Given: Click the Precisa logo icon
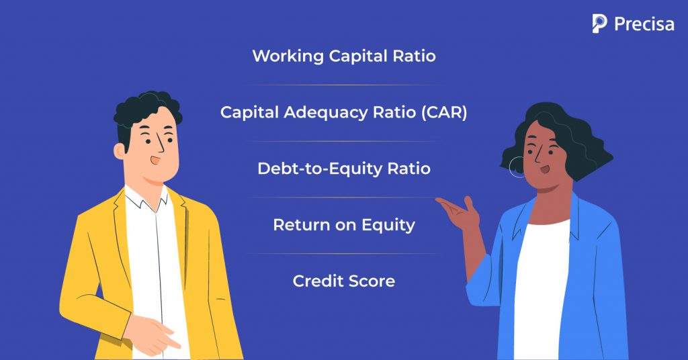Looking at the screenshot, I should [599, 24].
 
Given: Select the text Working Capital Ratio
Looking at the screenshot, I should [343, 56].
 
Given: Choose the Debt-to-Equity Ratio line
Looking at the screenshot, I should [343, 169].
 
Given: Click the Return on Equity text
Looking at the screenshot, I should [343, 224].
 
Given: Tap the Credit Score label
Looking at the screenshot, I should [343, 281].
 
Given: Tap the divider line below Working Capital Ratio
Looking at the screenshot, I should [343, 85].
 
